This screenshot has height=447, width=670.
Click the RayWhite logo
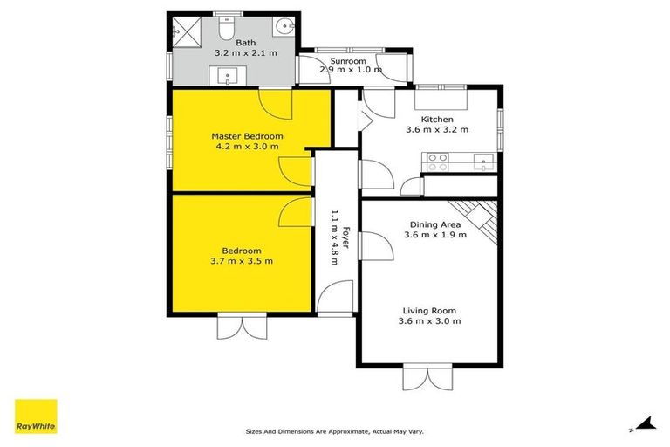pyautogui.click(x=36, y=416)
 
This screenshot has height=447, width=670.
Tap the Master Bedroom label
pyautogui.click(x=247, y=136)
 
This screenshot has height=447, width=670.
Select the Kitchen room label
pyautogui.click(x=437, y=119)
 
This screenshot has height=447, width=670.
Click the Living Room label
pyautogui.click(x=429, y=310)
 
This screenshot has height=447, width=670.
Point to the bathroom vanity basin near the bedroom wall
pyautogui.click(x=230, y=75)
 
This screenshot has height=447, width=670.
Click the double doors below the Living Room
pyautogui.click(x=429, y=379)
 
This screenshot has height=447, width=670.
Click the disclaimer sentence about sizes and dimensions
pyautogui.click(x=334, y=431)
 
